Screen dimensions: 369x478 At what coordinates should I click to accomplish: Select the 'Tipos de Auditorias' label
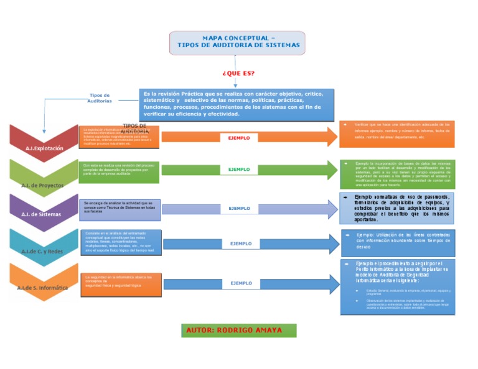tap(100, 98)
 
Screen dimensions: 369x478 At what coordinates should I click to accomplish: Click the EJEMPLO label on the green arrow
tap(239, 169)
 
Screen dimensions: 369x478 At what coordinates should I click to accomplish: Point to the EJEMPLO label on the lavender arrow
tap(239, 209)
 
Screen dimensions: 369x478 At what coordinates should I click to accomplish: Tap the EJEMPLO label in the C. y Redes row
tap(241, 244)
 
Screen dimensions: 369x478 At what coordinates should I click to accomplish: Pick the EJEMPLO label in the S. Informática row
tap(241, 283)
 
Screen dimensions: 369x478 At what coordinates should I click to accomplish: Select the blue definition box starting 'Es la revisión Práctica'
tap(237, 104)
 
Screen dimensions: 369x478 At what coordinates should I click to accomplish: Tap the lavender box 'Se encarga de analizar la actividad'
tap(119, 207)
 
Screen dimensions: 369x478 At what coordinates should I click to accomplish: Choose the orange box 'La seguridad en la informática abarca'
tap(119, 280)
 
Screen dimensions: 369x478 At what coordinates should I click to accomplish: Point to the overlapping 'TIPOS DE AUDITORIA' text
tap(134, 129)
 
